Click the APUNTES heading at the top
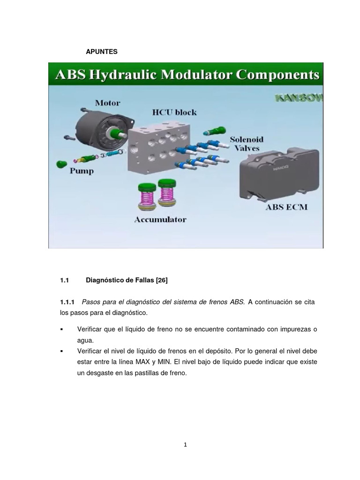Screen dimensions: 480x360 (x=101, y=52)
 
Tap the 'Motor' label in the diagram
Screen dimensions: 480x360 (x=107, y=103)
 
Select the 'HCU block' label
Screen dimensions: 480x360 (x=174, y=112)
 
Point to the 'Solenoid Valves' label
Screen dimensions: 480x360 (x=247, y=143)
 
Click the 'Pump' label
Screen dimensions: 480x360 (x=82, y=171)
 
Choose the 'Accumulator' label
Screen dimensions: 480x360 (x=160, y=219)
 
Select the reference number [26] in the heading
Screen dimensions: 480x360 (x=159, y=280)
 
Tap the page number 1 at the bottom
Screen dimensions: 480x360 (x=186, y=445)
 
